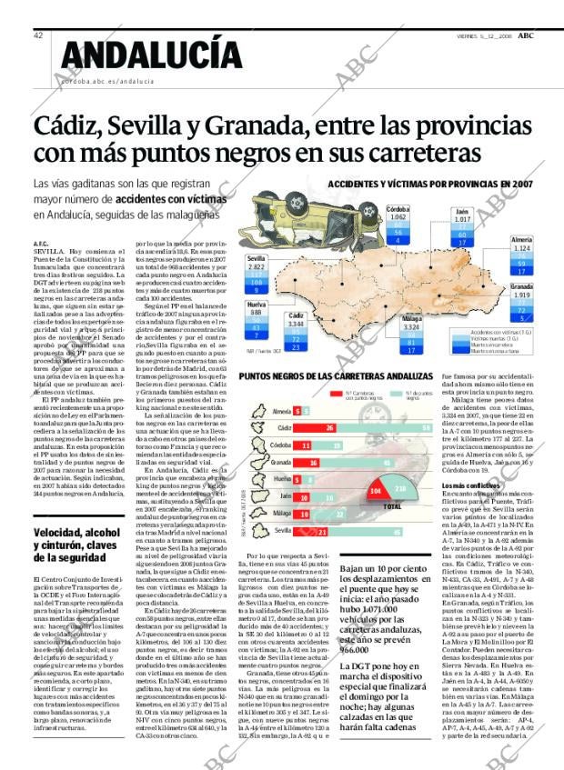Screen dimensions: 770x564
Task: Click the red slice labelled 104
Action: point(375,490)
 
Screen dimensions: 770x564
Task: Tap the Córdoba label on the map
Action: point(398,209)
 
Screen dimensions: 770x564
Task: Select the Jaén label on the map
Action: point(463,211)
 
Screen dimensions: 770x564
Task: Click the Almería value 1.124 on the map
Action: point(521,248)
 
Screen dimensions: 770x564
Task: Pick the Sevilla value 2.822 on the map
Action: point(257,268)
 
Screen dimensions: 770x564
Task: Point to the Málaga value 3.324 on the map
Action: point(411,326)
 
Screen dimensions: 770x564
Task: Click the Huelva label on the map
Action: point(257,304)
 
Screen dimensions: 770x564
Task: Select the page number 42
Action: point(38,35)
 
